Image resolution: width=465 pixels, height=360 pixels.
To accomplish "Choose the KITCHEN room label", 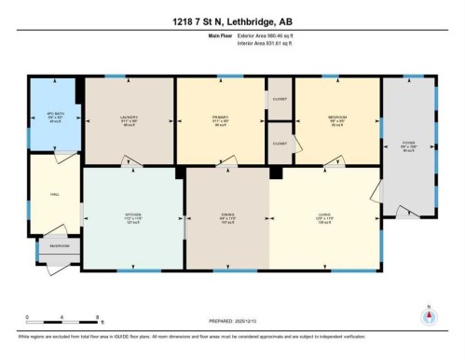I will (133, 215).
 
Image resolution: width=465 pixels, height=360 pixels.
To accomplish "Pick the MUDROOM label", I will (60, 247).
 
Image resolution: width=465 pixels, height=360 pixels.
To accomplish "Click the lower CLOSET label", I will (280, 144).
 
